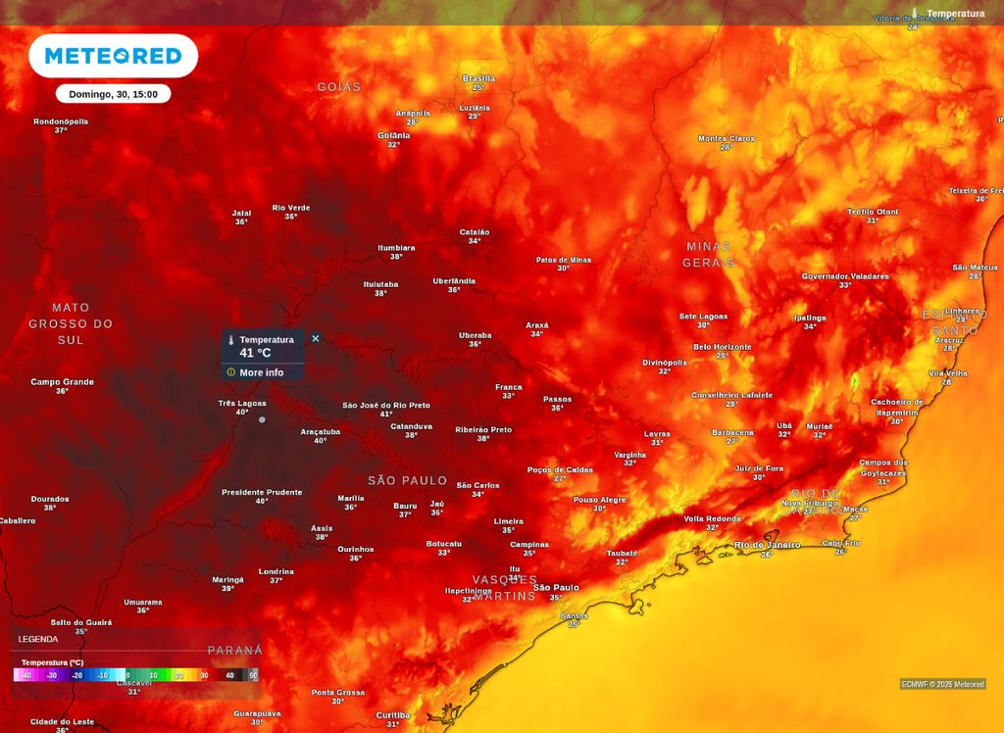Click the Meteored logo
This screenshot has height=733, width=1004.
click(113, 56)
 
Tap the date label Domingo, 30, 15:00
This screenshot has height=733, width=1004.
click(113, 94)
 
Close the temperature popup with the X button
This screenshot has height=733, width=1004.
click(316, 338)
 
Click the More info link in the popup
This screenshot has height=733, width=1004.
click(261, 372)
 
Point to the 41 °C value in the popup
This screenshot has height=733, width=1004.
click(255, 353)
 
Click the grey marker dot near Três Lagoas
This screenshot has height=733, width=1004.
click(262, 419)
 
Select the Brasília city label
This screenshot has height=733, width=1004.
click(478, 78)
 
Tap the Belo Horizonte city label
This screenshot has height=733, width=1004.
click(723, 347)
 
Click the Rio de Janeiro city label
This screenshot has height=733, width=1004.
click(767, 545)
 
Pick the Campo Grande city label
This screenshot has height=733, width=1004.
click(62, 382)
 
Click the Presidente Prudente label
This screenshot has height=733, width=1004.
click(262, 492)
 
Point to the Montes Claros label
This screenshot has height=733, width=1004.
click(727, 138)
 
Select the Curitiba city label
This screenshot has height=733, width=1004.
click(392, 715)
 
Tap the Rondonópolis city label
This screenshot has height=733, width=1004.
click(61, 122)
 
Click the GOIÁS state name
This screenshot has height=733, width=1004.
click(338, 87)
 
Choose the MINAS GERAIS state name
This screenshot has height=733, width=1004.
click(708, 255)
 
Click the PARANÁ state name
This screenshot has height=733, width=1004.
click(235, 651)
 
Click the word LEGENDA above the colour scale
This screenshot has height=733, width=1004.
click(38, 639)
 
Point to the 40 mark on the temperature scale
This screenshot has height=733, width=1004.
click(229, 675)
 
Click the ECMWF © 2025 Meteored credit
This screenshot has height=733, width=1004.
click(942, 684)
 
